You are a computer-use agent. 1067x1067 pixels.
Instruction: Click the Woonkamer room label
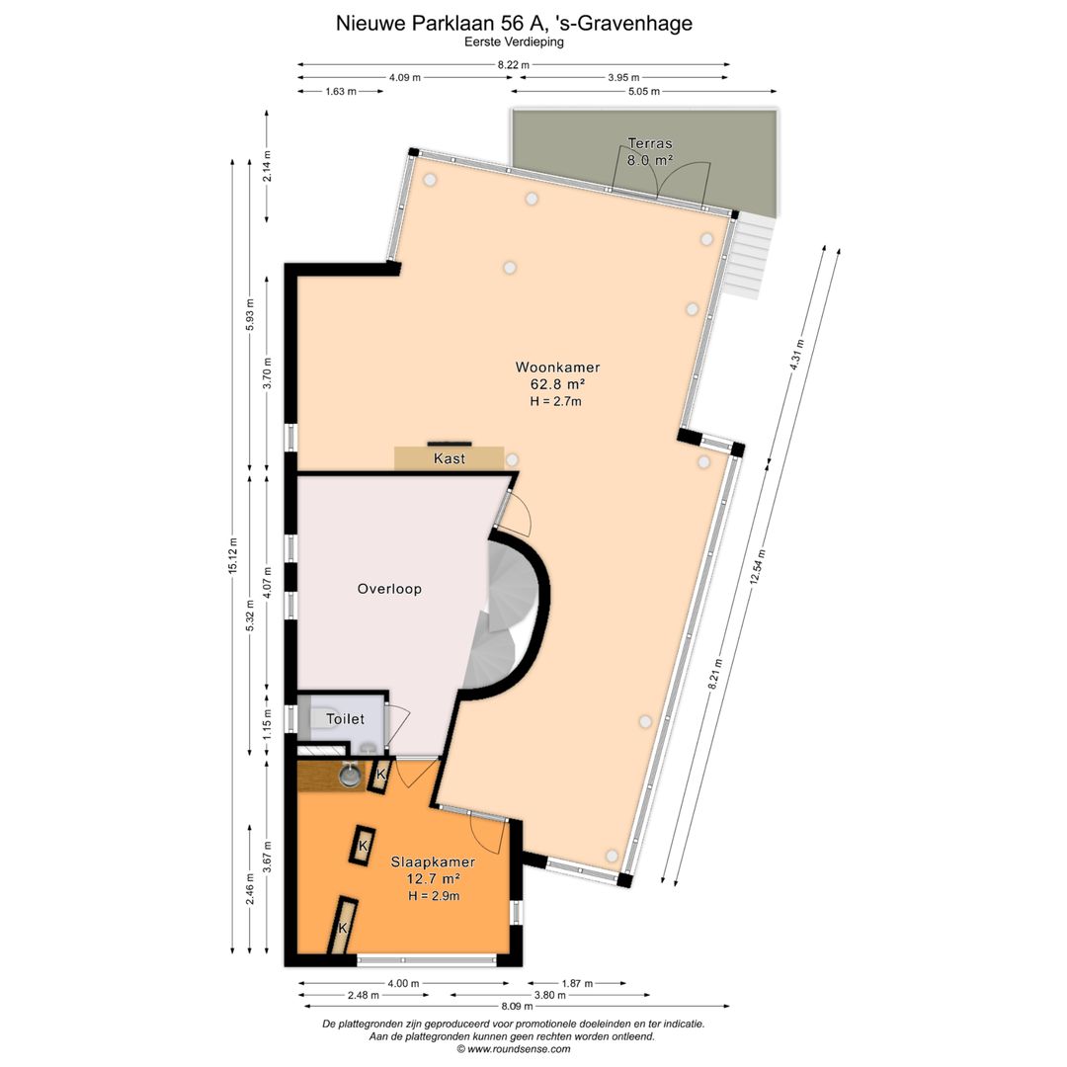click(x=557, y=368)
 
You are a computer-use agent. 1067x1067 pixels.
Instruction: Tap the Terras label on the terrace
click(x=650, y=143)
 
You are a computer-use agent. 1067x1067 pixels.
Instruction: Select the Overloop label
click(x=389, y=589)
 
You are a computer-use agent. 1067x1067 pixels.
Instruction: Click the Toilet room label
click(x=345, y=718)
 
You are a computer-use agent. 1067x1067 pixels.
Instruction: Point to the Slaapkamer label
click(x=433, y=862)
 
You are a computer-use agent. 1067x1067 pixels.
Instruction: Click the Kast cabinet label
click(x=450, y=458)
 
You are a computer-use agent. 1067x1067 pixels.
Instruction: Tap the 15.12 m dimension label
click(x=233, y=556)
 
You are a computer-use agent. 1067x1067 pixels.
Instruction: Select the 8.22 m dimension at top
click(x=513, y=65)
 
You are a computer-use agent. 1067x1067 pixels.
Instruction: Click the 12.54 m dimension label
click(x=758, y=567)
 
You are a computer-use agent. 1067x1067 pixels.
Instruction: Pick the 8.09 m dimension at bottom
click(x=517, y=1006)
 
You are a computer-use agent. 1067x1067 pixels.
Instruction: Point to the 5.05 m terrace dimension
click(x=643, y=91)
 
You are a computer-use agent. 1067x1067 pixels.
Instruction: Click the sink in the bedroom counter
click(x=351, y=776)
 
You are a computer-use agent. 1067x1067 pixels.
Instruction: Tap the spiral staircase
click(x=505, y=616)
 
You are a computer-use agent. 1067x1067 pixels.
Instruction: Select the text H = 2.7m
click(x=556, y=401)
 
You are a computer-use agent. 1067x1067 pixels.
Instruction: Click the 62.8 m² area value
click(x=558, y=384)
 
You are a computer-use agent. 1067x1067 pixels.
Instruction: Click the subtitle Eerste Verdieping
click(x=515, y=41)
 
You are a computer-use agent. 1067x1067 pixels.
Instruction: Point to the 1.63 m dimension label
click(x=341, y=91)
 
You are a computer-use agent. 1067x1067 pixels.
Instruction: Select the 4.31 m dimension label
click(x=797, y=355)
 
